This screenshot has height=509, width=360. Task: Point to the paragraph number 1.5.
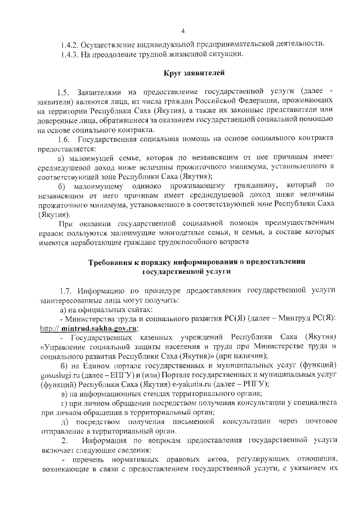point(64,92)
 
